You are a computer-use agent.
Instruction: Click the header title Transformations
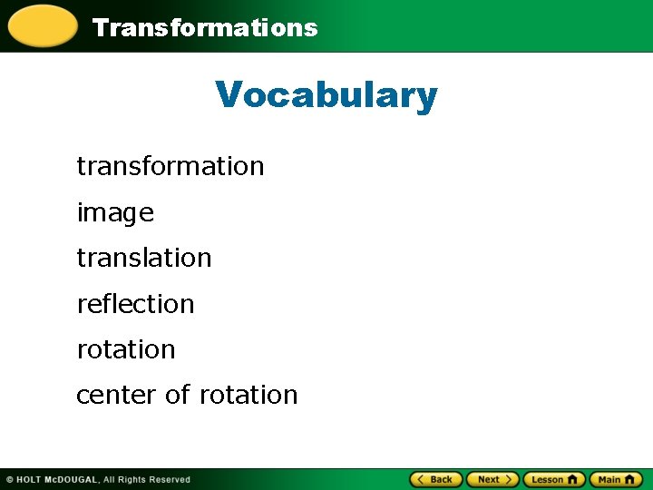click(x=205, y=27)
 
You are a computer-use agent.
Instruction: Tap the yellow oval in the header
click(x=42, y=25)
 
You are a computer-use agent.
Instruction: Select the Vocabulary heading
click(x=326, y=94)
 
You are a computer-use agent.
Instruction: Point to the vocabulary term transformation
click(x=171, y=166)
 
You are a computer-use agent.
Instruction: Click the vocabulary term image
click(x=115, y=213)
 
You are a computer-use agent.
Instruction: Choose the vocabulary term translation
click(x=144, y=258)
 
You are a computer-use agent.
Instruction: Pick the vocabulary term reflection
click(x=136, y=304)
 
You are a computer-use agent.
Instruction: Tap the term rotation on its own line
click(x=126, y=349)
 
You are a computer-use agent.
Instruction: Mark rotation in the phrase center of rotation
click(x=249, y=396)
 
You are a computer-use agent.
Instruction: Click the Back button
click(x=436, y=479)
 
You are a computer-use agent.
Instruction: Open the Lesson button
click(x=554, y=479)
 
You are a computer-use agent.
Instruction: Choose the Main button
click(x=616, y=479)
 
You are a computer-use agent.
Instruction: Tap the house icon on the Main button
click(x=631, y=479)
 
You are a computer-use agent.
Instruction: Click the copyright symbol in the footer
click(x=9, y=479)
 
